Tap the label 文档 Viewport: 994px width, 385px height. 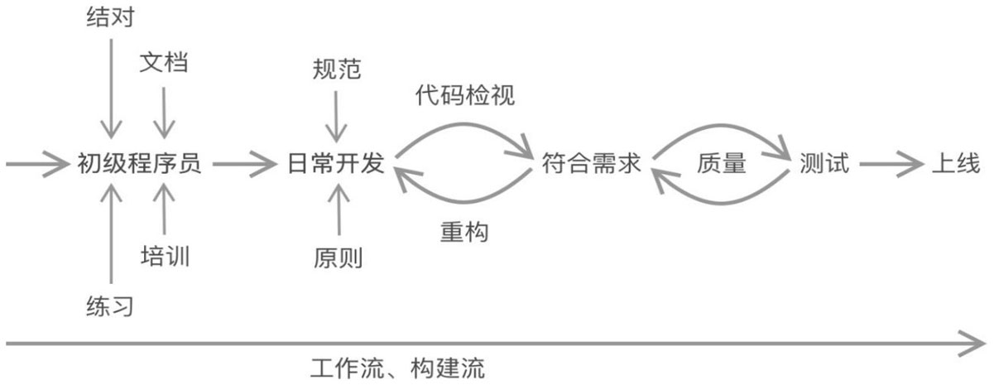coord(164,63)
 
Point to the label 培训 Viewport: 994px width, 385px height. coord(165,256)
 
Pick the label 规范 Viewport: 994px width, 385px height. coord(337,69)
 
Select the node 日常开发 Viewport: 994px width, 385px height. coord(337,164)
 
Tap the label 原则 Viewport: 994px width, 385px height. coord(337,257)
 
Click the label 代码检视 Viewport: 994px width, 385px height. coord(465,96)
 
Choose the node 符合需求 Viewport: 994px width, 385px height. coord(592,164)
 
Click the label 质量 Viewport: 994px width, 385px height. coord(721,164)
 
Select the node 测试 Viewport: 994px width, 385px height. coord(825,164)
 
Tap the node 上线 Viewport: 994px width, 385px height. coord(956,164)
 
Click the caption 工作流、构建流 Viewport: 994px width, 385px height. coord(398,368)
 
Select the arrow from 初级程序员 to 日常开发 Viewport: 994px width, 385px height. coord(246,164)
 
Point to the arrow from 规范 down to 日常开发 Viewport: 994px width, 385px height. coord(337,116)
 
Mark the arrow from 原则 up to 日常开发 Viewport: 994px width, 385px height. coord(337,211)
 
